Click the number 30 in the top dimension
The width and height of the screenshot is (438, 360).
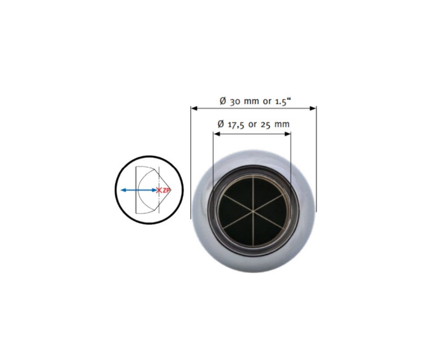point(234,101)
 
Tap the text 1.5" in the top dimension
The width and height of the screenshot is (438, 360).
point(283,101)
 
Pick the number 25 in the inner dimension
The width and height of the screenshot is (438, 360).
point(265,124)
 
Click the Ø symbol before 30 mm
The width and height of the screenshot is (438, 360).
point(223,101)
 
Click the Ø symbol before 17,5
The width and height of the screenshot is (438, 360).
point(221,124)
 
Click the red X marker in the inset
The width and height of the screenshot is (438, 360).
point(159,190)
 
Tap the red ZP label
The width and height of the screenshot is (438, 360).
point(166,190)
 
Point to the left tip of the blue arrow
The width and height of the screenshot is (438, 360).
point(122,190)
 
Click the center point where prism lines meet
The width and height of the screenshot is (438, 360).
point(253,210)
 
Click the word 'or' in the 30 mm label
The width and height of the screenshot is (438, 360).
point(267,101)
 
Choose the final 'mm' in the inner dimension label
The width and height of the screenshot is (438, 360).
point(282,124)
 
